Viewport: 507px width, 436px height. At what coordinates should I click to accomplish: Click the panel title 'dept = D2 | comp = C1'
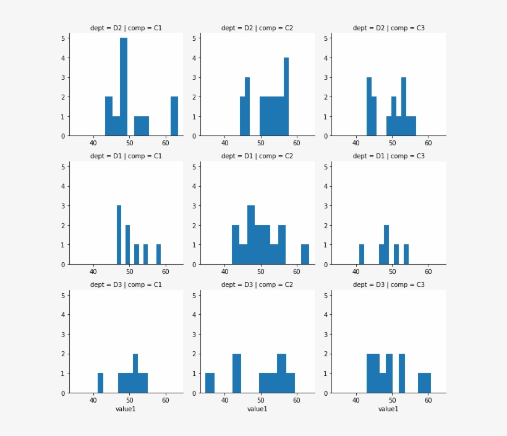pos(126,28)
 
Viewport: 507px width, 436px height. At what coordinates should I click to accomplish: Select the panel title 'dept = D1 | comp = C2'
pos(257,156)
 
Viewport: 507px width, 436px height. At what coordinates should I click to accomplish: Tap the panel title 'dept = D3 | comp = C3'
pos(388,285)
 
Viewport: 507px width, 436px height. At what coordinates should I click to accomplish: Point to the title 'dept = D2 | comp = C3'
pos(388,28)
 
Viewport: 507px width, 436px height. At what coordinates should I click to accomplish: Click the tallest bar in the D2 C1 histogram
pos(124,87)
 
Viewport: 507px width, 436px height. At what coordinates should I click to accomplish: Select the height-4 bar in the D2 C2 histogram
pos(286,96)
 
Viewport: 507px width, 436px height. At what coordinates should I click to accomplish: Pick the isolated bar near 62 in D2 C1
pos(174,116)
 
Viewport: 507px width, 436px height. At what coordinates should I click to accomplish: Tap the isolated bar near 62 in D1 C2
pos(305,255)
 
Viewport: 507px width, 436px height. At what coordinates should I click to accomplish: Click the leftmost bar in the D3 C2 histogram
pos(210,383)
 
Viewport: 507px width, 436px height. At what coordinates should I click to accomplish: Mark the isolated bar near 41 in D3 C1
pos(100,383)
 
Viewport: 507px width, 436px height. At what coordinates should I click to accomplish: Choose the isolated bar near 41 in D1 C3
pos(362,255)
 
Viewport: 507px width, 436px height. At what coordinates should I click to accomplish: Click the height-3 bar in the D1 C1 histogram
pos(119,235)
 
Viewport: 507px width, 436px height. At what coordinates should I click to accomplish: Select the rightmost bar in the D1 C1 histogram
pos(158,255)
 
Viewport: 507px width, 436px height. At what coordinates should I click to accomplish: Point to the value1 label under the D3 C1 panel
pos(126,409)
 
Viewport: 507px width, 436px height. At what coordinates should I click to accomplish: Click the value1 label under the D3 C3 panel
pos(388,409)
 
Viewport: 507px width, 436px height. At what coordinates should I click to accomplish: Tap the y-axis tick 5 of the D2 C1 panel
pos(62,38)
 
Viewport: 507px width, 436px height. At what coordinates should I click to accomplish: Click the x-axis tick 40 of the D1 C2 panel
pos(224,272)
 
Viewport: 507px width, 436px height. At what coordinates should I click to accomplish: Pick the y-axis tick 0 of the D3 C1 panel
pos(62,393)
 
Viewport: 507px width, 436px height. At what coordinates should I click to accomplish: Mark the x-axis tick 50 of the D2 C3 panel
pos(392,143)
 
